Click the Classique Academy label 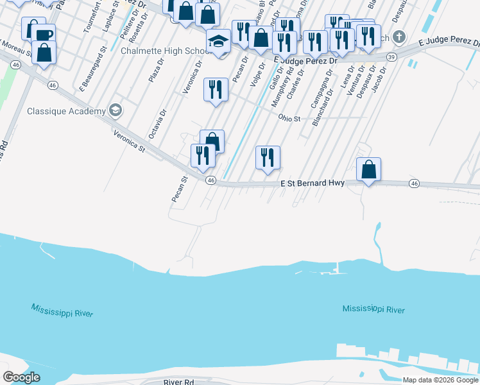66,111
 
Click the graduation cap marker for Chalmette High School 218,41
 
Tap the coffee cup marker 44,35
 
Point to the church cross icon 400,36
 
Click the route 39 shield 391,57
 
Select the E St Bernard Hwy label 313,183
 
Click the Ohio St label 289,118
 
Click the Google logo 21,377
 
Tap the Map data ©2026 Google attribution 440,380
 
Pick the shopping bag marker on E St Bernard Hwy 368,169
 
